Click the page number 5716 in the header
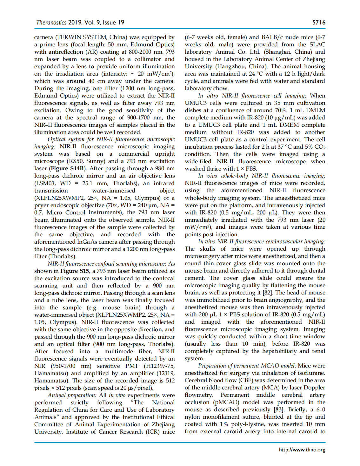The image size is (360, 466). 318,22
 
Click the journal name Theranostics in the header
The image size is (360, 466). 51,22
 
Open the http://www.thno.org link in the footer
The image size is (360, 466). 302,449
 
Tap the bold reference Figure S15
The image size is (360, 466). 75,271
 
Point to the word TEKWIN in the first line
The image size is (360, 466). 70,37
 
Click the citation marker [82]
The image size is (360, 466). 267,293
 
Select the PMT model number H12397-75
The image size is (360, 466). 160,366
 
